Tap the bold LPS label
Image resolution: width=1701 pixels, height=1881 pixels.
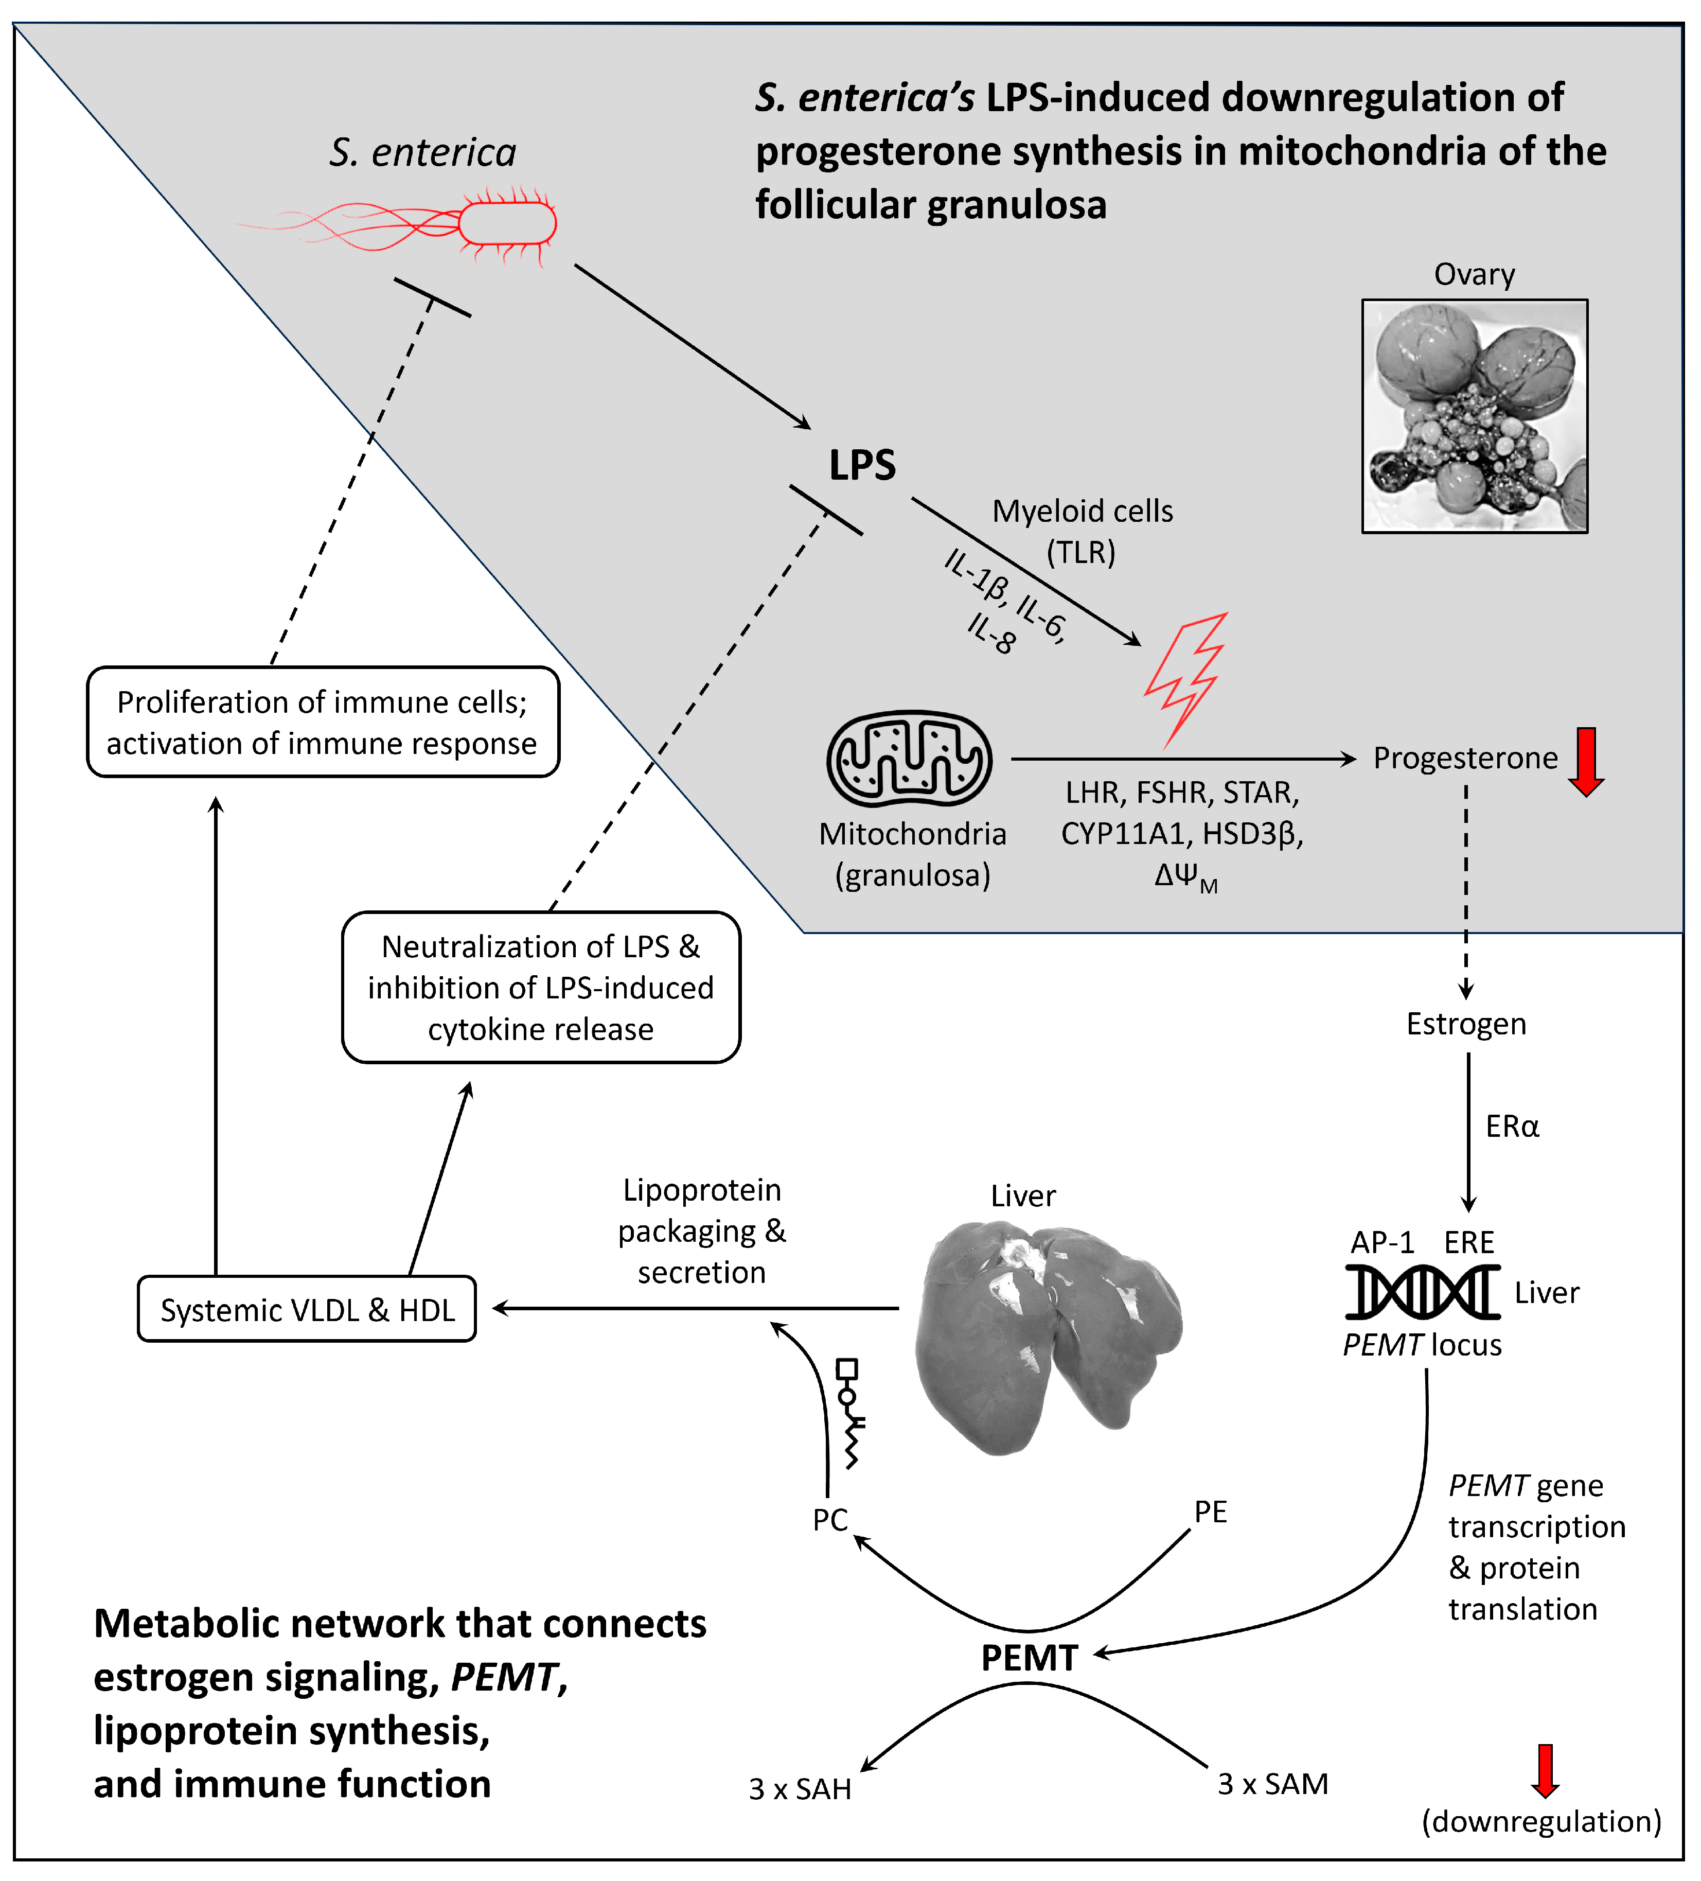coord(862,465)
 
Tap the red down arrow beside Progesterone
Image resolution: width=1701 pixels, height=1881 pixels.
coord(1585,761)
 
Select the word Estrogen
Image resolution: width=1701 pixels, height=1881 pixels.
coord(1466,1024)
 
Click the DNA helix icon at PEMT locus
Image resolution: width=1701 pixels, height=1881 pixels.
coord(1422,1292)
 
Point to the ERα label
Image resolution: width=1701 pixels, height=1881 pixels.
coord(1512,1126)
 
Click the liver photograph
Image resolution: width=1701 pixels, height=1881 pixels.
coord(1047,1334)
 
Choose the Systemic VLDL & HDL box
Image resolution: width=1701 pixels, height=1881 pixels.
coord(307,1309)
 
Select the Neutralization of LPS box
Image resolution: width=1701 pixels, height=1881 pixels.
coord(541,987)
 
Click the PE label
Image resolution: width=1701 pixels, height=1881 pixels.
coord(1211,1511)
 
